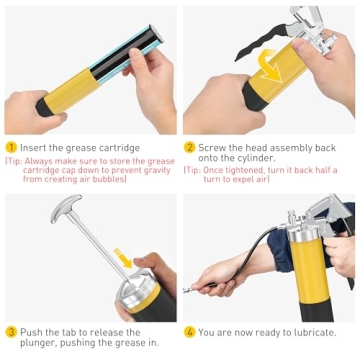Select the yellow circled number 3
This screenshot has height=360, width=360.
click(10, 331)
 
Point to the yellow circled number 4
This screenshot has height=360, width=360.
click(190, 331)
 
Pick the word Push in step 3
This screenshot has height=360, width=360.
click(30, 331)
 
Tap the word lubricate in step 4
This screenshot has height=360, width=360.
click(311, 331)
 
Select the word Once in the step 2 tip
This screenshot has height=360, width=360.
click(217, 170)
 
